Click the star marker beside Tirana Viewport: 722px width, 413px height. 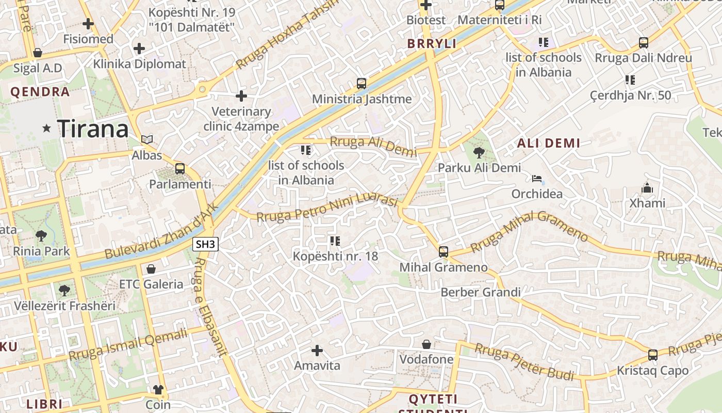[47, 128]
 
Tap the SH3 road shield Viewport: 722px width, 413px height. [206, 244]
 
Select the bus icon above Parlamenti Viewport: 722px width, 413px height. [180, 168]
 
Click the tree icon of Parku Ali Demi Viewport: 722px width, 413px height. [479, 152]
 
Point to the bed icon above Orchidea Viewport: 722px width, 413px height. [537, 179]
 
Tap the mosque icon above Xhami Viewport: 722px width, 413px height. [647, 188]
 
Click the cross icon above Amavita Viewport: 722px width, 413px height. [317, 351]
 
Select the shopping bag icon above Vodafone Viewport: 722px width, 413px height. [426, 344]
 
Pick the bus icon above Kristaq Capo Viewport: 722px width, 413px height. [653, 355]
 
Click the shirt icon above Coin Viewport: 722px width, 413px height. [158, 389]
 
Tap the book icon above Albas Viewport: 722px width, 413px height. [147, 139]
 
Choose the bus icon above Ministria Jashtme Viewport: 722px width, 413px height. [362, 84]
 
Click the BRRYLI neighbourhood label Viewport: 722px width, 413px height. [432, 44]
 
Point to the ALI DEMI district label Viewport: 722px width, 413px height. [549, 144]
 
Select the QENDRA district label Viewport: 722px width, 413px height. [40, 92]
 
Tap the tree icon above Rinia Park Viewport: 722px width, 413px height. [41, 236]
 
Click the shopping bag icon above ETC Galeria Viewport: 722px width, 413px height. [151, 269]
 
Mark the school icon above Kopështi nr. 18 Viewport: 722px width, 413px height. [335, 241]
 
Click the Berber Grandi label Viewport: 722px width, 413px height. [481, 293]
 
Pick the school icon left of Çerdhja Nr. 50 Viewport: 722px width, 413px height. [630, 80]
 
